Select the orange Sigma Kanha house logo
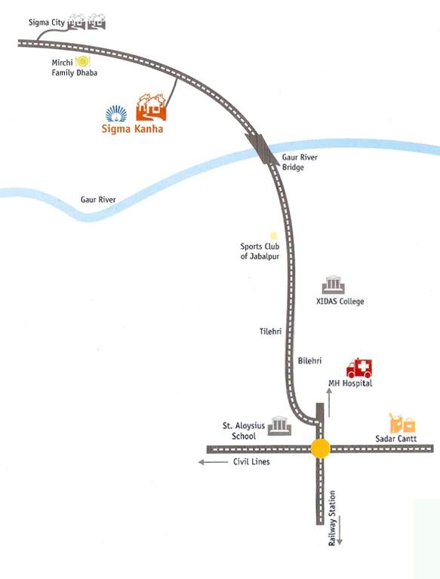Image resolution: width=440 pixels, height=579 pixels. click(151, 108)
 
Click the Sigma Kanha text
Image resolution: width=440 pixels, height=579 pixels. click(132, 128)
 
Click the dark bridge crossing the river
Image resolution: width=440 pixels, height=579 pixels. click(264, 149)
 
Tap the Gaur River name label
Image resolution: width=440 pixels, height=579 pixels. click(102, 200)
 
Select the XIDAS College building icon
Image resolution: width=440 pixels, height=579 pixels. click(333, 286)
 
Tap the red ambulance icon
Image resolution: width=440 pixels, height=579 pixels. click(358, 368)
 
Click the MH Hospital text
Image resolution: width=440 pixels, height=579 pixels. click(350, 384)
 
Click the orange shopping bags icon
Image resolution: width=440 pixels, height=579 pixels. click(402, 423)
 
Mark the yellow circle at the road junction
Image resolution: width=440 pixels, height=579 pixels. click(321, 449)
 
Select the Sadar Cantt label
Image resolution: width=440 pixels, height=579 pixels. click(395, 438)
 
